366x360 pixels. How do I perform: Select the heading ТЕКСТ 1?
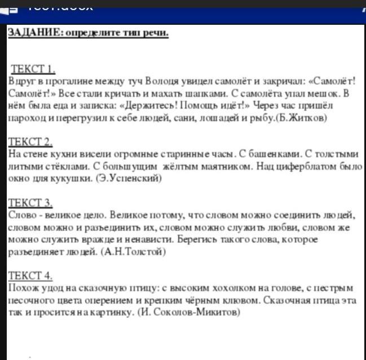click(x=33, y=69)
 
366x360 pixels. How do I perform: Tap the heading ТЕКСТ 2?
click(x=32, y=141)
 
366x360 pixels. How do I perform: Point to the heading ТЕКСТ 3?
click(x=32, y=202)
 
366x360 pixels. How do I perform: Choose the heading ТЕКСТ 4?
click(x=32, y=275)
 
